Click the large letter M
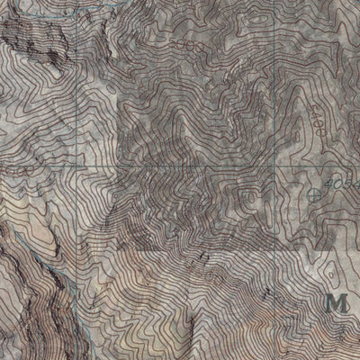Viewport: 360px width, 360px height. pos(338,301)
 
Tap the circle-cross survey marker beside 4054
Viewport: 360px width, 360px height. pos(313,193)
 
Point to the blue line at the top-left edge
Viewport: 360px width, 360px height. pos(27,4)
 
